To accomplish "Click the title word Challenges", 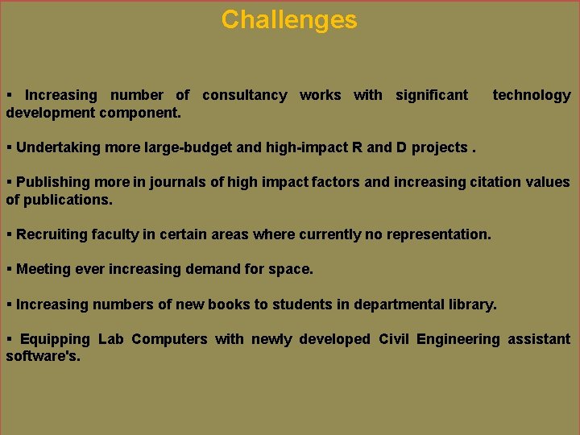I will (x=289, y=19).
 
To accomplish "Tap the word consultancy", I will (x=244, y=95).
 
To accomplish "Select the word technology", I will (x=532, y=95).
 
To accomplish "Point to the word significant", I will (x=431, y=95).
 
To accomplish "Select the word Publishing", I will (x=52, y=182).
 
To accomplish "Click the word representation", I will (x=428, y=234).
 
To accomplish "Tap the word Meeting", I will (x=43, y=269).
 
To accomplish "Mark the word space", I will (x=293, y=269).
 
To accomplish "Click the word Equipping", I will (x=55, y=339).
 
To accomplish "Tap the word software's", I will (x=43, y=356).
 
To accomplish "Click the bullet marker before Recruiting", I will (x=9, y=234).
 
